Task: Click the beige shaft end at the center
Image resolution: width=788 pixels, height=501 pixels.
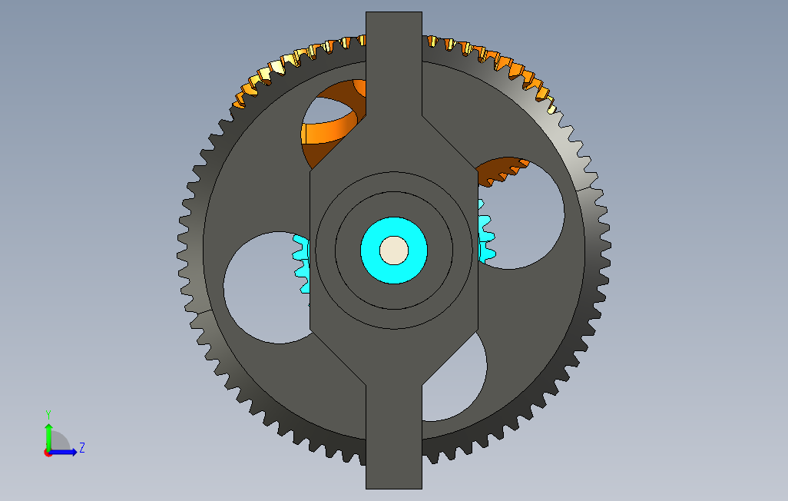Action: (394, 250)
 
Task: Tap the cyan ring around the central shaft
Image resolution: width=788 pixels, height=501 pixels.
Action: (370, 250)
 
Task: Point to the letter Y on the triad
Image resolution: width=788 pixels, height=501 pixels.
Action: (48, 415)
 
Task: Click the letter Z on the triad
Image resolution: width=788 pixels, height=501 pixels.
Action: (82, 447)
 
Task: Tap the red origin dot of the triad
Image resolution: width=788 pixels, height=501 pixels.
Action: (48, 453)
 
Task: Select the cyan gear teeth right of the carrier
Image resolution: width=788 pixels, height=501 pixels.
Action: (485, 232)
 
